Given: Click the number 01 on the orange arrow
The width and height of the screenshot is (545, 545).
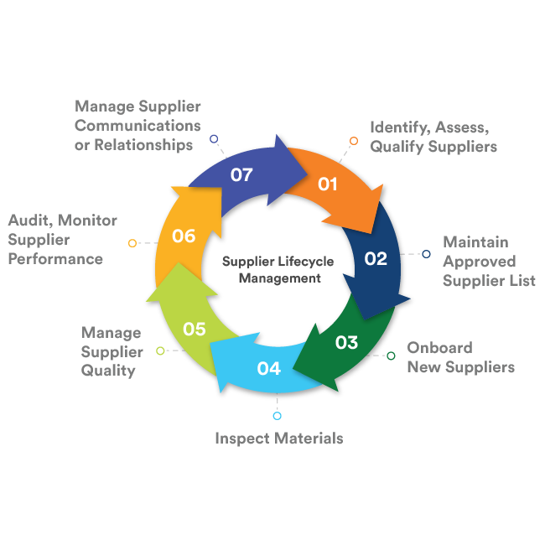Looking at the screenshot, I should click(327, 184).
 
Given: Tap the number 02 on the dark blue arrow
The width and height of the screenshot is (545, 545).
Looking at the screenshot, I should click(376, 258).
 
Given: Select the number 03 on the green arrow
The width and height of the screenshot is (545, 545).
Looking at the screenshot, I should click(346, 342).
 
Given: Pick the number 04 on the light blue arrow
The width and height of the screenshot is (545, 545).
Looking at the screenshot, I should click(269, 368).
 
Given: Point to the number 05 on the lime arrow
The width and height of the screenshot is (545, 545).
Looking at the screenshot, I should click(195, 329).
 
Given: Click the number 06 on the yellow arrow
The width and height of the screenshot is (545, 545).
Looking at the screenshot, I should click(184, 236).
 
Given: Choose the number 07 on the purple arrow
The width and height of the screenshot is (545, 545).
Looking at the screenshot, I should click(241, 175).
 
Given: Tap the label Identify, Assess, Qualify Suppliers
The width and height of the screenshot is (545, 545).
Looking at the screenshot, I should click(433, 137).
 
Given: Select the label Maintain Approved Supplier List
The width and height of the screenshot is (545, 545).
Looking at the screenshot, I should click(489, 261).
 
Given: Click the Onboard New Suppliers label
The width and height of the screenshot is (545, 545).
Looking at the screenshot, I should click(460, 357).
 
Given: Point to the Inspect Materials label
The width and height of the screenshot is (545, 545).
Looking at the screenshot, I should click(278, 438).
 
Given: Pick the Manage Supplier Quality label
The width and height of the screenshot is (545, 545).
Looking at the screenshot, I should click(112, 351).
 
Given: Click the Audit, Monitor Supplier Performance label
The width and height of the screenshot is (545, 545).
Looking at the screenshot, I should click(63, 239).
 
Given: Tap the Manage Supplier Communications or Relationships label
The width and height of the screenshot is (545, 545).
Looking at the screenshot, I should click(138, 126).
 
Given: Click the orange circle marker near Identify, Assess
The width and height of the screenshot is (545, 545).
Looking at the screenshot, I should click(354, 140).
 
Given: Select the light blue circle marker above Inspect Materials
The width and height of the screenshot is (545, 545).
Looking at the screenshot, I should click(278, 416).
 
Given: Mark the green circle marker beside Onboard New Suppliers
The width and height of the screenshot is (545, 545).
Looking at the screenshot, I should click(391, 356).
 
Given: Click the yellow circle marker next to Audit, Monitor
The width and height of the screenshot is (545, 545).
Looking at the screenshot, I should click(132, 243).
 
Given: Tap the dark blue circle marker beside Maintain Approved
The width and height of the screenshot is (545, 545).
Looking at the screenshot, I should click(426, 254).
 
